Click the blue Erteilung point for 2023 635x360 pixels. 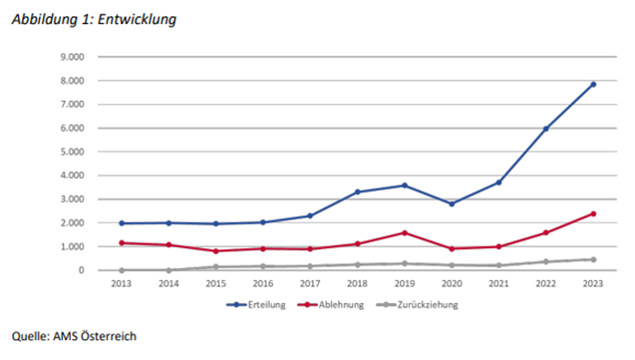(x=592, y=85)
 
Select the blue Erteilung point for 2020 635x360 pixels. (x=451, y=203)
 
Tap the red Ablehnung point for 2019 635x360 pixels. (x=404, y=232)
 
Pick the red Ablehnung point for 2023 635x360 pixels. (x=592, y=213)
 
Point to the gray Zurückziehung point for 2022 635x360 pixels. (x=545, y=261)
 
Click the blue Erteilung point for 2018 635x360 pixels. (x=357, y=191)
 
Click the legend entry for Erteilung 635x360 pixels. (x=263, y=304)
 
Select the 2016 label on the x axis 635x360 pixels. (x=263, y=282)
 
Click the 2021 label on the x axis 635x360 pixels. (x=497, y=282)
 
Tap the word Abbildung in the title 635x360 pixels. (x=39, y=18)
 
